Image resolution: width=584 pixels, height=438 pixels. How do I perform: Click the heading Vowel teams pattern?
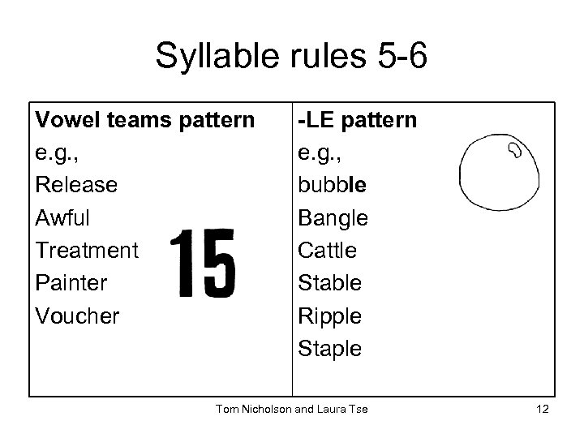[x=144, y=120]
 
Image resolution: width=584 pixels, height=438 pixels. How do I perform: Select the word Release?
[x=76, y=185]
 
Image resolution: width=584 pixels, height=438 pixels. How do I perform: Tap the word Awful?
[x=62, y=217]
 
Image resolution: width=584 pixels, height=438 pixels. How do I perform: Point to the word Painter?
[x=70, y=282]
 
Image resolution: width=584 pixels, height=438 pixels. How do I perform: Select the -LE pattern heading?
[x=358, y=120]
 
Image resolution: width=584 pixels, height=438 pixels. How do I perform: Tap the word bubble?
[x=333, y=185]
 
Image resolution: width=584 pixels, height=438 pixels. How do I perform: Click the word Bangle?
[x=333, y=217]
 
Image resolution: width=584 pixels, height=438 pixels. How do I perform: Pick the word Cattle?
[x=327, y=250]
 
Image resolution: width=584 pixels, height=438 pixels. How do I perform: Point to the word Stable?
[x=329, y=282]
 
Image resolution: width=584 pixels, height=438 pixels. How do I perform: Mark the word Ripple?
[x=329, y=315]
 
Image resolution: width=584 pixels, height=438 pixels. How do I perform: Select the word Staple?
[x=329, y=347]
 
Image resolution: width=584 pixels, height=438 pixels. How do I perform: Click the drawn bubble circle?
[x=498, y=171]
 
